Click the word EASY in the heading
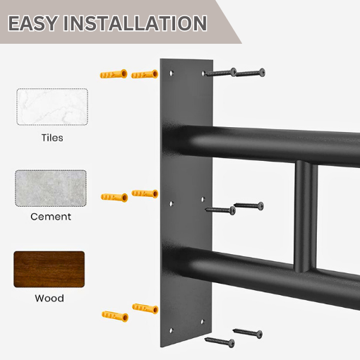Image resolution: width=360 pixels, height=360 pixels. [33, 23]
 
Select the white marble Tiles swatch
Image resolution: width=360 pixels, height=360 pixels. [52, 107]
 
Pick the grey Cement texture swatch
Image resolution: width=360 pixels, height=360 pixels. [51, 188]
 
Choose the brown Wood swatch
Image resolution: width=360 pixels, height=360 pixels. [49, 269]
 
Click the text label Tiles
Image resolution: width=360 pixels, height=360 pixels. [51, 138]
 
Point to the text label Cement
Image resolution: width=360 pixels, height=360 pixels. [51, 217]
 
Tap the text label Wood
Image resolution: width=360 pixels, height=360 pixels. [49, 298]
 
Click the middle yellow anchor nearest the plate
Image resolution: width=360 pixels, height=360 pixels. [145, 193]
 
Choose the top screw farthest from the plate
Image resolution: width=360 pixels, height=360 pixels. [250, 72]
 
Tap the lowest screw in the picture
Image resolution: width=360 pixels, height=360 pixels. [220, 342]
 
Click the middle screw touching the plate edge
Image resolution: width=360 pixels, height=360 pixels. [220, 210]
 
